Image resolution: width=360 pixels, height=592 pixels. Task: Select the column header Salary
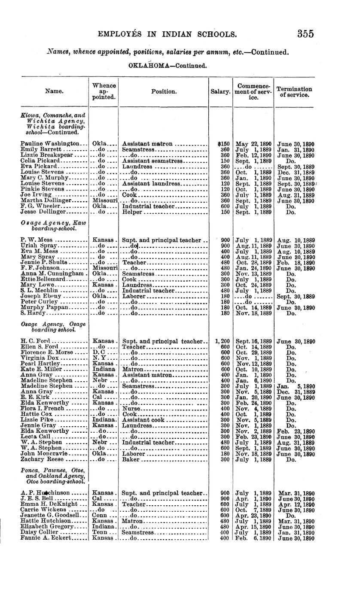pyautogui.click(x=220, y=92)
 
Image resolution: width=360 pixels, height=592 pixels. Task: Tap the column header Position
pyautogui.click(x=164, y=91)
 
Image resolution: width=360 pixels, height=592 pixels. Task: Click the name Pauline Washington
pyautogui.click(x=50, y=144)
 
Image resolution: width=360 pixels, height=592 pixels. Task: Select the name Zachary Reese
pyautogui.click(x=39, y=459)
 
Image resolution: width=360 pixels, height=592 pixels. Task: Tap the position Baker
pyautogui.click(x=131, y=459)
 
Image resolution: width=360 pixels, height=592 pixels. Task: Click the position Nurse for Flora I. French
pyautogui.click(x=131, y=408)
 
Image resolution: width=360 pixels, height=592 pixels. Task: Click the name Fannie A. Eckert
pyautogui.click(x=45, y=538)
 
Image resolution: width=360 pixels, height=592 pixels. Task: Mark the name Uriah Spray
pyautogui.click(x=38, y=246)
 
